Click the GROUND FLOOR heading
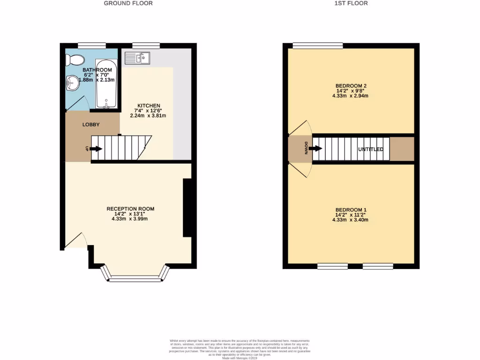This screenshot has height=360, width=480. click(128, 3)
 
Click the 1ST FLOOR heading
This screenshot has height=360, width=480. click(351, 3)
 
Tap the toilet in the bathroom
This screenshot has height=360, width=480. click(75, 60)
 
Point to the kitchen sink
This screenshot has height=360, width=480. click(137, 58)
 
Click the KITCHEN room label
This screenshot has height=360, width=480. click(149, 105)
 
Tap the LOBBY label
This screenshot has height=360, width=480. click(91, 125)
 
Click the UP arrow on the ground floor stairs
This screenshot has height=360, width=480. click(96, 149)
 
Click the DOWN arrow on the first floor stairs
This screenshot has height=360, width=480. click(316, 149)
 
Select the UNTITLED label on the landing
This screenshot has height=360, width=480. click(371, 150)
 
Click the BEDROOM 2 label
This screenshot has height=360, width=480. click(351, 85)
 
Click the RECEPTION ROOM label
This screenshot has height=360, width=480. click(130, 209)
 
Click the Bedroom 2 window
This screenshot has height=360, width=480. click(318, 45)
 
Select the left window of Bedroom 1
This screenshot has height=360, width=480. click(332, 266)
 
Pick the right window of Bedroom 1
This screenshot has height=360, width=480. click(377, 266)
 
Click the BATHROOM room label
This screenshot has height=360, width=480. click(97, 70)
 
